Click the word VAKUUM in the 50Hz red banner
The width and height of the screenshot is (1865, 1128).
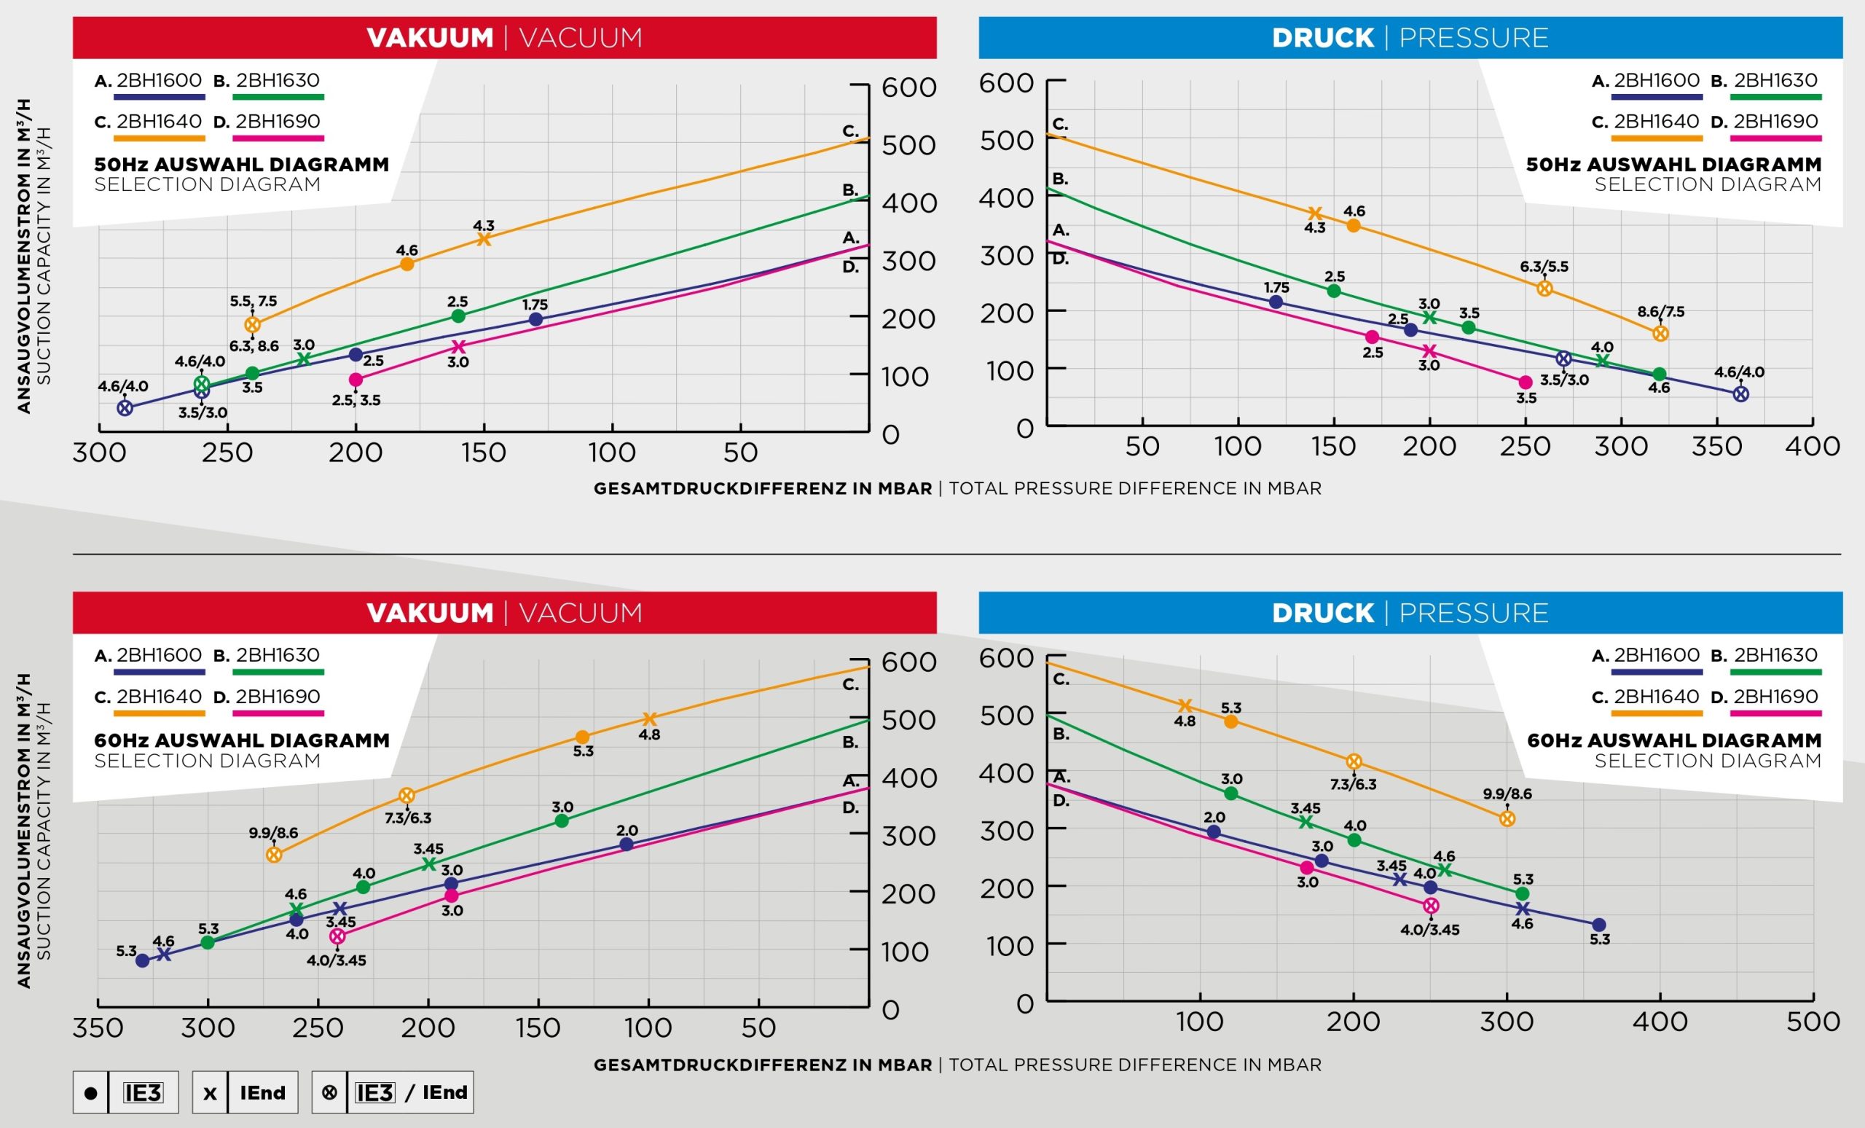(x=429, y=38)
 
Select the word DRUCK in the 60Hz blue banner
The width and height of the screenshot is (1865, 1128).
(x=1322, y=614)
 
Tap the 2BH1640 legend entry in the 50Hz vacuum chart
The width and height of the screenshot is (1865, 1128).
(x=159, y=122)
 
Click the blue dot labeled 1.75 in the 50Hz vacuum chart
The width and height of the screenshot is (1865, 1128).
(x=535, y=319)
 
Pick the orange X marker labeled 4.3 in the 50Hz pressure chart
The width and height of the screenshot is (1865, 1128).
(x=1315, y=214)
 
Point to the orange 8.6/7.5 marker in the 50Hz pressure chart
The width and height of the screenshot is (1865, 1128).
(x=1660, y=333)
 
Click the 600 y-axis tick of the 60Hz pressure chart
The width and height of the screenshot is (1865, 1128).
(x=1006, y=658)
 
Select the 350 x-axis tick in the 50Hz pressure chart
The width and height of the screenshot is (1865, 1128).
(x=1716, y=447)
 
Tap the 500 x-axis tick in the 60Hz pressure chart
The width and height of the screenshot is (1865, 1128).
(x=1813, y=1022)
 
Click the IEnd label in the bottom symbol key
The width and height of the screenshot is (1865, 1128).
(x=263, y=1092)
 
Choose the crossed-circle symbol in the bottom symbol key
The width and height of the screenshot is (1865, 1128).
(x=329, y=1092)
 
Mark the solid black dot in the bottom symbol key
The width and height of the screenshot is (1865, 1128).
(x=91, y=1092)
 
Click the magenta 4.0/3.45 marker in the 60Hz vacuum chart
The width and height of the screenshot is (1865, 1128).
(x=337, y=936)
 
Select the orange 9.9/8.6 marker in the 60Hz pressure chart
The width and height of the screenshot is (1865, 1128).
(x=1507, y=818)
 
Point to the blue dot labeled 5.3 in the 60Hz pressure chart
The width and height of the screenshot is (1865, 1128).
(x=1598, y=925)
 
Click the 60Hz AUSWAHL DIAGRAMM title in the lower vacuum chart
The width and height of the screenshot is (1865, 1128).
(x=241, y=740)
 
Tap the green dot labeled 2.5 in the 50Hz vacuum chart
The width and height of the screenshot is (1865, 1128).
(x=458, y=316)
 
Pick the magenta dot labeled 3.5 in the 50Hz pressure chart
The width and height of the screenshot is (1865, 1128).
(x=1526, y=383)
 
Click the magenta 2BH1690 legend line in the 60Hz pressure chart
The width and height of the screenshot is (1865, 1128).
(x=1775, y=713)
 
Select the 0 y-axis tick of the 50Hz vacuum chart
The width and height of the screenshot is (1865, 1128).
(x=891, y=435)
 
